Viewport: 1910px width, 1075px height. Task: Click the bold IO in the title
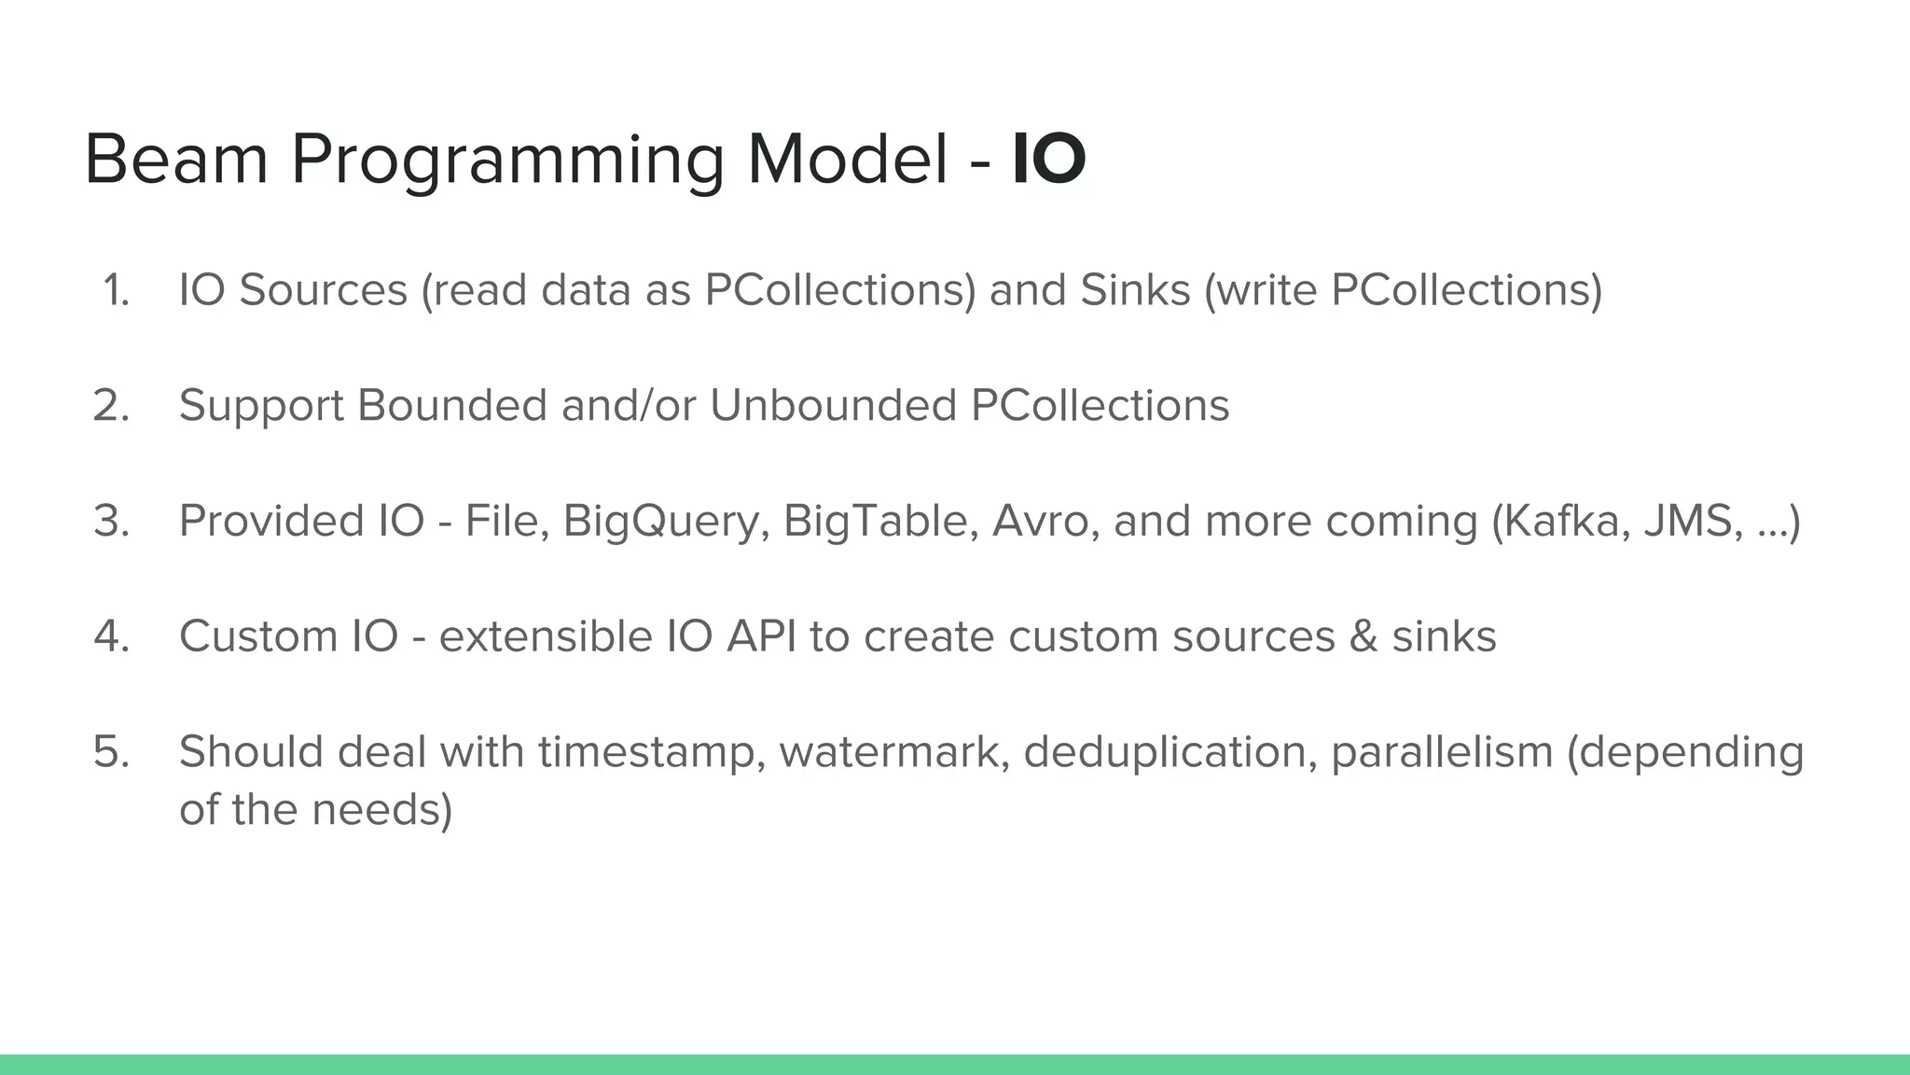[1049, 160]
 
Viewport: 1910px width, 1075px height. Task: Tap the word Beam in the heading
[176, 160]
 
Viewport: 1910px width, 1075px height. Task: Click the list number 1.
[116, 290]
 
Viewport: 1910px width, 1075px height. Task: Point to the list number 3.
[112, 521]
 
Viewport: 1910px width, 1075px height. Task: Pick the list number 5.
[112, 751]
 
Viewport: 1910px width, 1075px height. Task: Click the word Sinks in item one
[1135, 290]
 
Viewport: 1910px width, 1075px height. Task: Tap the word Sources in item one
[323, 290]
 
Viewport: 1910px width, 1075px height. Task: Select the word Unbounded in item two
[833, 406]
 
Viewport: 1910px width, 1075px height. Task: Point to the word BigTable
[880, 522]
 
